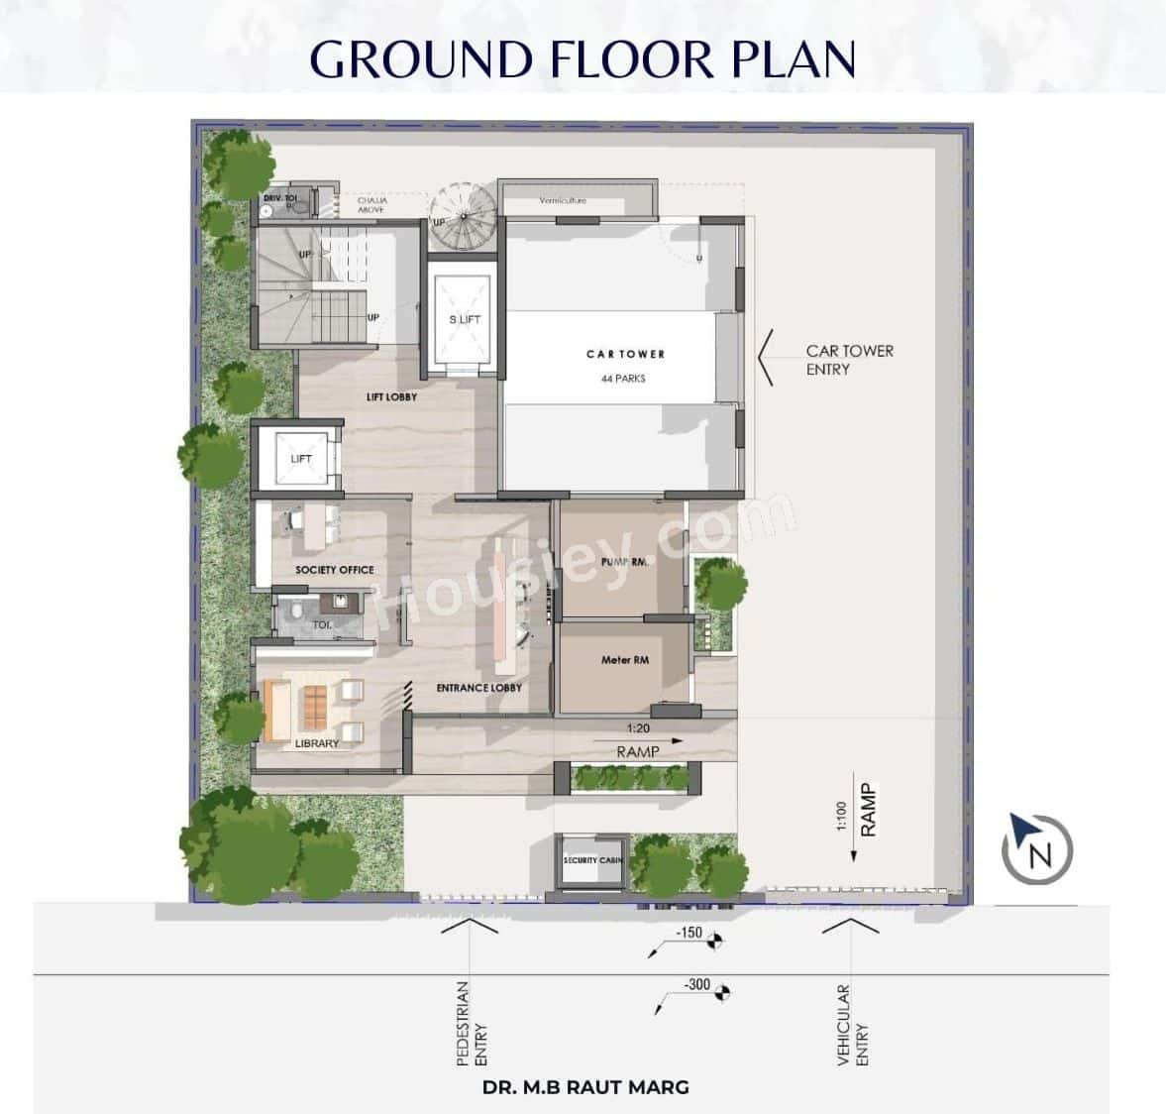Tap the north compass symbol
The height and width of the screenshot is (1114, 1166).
click(1036, 850)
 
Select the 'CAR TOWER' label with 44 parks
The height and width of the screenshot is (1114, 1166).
click(625, 354)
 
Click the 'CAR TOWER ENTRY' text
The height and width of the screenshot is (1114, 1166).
click(849, 360)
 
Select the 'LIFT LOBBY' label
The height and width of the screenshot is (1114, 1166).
click(391, 396)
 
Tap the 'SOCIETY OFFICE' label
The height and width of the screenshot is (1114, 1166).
click(334, 570)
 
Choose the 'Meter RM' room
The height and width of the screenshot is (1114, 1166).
click(624, 660)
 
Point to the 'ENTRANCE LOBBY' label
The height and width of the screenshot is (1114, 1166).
click(478, 687)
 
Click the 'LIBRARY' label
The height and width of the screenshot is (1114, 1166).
click(316, 743)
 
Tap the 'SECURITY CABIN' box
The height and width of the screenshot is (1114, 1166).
click(592, 860)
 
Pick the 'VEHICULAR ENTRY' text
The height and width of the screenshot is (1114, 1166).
click(852, 1025)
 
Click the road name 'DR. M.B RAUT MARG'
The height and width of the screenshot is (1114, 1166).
click(584, 1087)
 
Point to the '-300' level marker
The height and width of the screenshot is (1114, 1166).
click(697, 984)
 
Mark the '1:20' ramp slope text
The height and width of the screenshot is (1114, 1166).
click(638, 728)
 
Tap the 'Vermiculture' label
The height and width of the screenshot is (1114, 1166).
click(563, 200)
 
